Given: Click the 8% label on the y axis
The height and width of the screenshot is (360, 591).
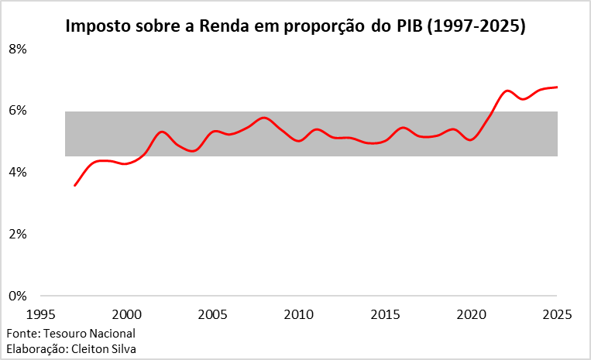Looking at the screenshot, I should point(17,49).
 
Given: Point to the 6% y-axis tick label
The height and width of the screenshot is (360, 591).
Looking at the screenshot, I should point(17,111).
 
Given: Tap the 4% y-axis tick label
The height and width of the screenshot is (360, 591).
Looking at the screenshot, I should point(17,172).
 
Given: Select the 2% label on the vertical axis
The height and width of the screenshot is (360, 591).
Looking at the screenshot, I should point(17,234).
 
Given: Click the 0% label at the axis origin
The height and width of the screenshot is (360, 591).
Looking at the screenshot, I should point(17,296).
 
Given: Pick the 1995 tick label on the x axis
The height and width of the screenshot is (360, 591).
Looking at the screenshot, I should point(40,315).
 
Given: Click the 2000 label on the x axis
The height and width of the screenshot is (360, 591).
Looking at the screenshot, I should point(126,315).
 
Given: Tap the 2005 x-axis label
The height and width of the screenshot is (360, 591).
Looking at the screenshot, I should point(212,315).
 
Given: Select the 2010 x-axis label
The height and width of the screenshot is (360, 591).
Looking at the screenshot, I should point(299,315).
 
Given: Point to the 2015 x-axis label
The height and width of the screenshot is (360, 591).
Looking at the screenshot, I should point(385,315).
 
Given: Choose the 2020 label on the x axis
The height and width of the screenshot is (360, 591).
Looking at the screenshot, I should point(471,315).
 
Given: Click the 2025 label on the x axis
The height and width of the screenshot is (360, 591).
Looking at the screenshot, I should point(557,315).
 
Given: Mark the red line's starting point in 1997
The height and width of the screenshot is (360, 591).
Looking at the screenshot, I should point(75,186).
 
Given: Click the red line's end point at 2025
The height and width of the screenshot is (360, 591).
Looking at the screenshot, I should point(557,87).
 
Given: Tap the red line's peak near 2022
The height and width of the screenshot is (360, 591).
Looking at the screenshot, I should point(507,91).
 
